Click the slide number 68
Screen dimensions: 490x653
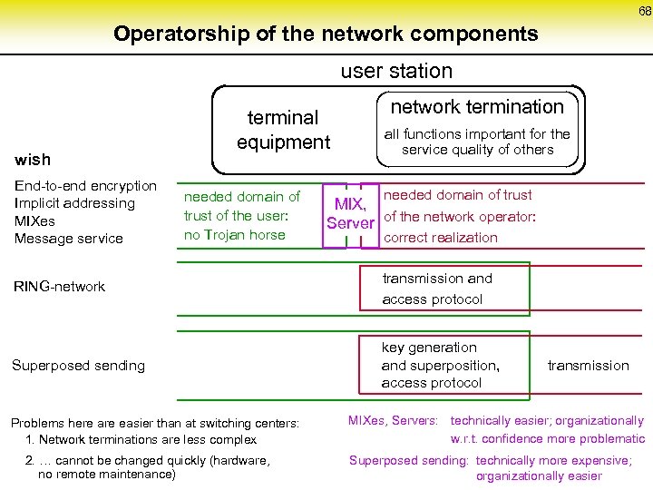tap(644, 12)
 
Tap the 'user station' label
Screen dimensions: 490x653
tap(396, 71)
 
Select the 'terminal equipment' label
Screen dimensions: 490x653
tap(284, 130)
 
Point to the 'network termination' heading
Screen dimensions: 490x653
tap(477, 107)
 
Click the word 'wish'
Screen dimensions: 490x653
tap(34, 160)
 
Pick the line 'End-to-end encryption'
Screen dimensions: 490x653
tap(86, 186)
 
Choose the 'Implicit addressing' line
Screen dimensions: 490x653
tap(74, 203)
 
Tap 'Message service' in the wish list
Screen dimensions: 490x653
tap(69, 239)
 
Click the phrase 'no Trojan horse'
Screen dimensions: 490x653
tap(234, 235)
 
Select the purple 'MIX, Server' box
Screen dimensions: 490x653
tap(350, 213)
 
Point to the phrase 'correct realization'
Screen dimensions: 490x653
tap(441, 238)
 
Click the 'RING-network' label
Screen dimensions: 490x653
tap(59, 287)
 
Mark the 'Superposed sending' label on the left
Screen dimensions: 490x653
tap(78, 366)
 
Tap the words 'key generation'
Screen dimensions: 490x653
tap(429, 348)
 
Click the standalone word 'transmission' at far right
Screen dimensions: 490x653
tap(588, 366)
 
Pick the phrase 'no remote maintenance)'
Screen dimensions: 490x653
tap(106, 474)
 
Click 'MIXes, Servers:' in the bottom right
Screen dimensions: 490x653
tap(394, 421)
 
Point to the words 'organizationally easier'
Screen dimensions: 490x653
tap(539, 475)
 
